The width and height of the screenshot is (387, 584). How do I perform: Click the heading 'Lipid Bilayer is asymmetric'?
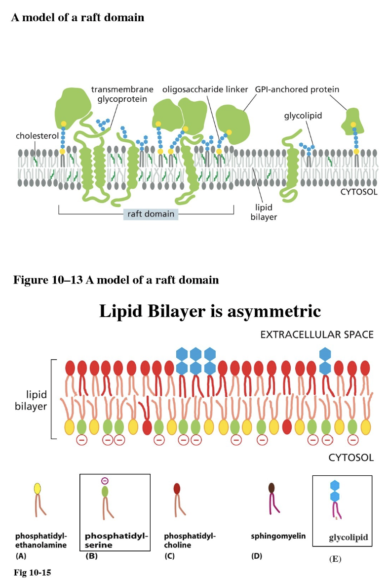click(x=210, y=311)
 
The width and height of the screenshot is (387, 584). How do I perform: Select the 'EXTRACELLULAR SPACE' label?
click(x=316, y=335)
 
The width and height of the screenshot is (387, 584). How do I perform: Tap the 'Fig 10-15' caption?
click(x=32, y=573)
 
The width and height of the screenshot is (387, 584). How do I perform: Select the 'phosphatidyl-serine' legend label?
click(x=116, y=540)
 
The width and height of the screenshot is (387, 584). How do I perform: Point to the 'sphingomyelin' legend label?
click(x=278, y=536)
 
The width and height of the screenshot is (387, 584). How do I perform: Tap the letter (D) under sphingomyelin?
click(x=256, y=556)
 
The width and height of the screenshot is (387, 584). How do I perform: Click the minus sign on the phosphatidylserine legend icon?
click(x=105, y=481)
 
